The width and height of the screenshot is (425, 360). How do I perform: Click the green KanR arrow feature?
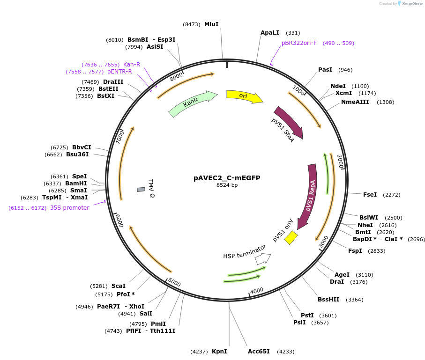point(192,104)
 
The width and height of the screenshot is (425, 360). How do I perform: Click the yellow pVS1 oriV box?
point(291,237)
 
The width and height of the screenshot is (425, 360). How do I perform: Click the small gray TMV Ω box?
point(141,189)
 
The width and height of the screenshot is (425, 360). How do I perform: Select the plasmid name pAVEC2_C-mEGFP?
point(227,178)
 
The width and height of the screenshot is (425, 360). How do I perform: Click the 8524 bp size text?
point(227,185)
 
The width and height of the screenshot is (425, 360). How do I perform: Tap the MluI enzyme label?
point(211,24)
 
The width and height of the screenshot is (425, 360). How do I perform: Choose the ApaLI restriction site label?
point(269,33)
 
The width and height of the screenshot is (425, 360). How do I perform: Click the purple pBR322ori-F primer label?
point(299,43)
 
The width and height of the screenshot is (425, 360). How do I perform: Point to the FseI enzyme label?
point(370,194)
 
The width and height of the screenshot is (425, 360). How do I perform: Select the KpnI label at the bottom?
point(219,351)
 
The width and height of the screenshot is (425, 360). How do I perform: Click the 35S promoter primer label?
point(69,208)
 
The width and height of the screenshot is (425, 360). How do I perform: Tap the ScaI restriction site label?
point(118,286)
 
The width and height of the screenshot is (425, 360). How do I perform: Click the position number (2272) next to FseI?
point(392,195)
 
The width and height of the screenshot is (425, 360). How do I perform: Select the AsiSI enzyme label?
point(155,47)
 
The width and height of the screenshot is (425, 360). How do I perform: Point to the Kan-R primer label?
point(132,65)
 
